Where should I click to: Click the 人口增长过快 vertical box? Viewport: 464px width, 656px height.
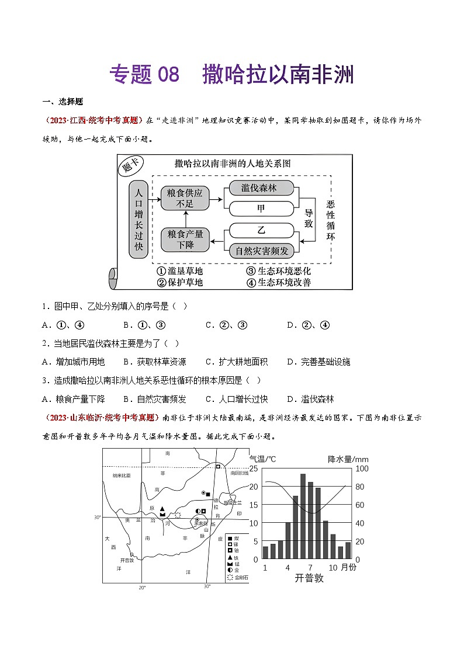(138, 220)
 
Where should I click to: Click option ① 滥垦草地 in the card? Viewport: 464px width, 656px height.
(179, 271)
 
